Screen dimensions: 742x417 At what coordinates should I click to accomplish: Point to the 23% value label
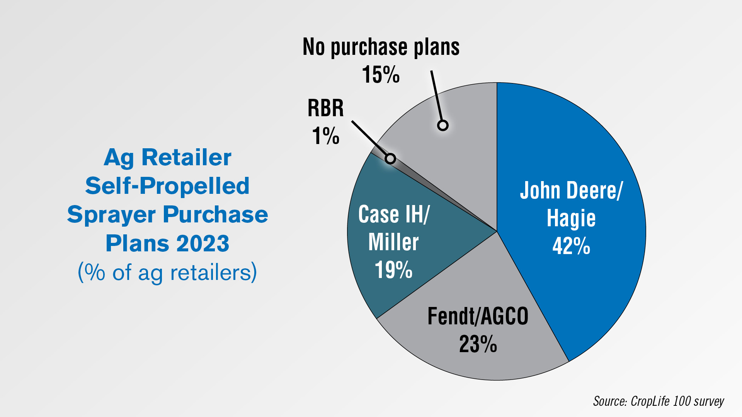478,344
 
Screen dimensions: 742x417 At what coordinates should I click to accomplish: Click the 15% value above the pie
381,74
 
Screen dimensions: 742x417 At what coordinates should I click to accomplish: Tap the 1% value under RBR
326,136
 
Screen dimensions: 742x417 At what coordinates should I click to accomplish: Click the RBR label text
326,108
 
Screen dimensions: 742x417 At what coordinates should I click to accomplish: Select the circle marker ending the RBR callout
390,158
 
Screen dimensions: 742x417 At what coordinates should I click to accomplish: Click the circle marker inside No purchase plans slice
443,125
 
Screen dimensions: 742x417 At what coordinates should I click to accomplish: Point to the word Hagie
571,219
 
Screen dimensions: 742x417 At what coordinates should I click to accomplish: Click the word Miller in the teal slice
393,242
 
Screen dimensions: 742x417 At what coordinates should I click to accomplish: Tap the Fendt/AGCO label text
478,316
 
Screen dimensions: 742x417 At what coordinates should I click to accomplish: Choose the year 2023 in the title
203,243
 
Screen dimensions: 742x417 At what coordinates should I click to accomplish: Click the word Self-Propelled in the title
167,186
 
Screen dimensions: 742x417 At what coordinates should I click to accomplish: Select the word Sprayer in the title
111,215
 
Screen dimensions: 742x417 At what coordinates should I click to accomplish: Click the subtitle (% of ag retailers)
167,272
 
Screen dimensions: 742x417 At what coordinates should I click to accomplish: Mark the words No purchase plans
381,47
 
